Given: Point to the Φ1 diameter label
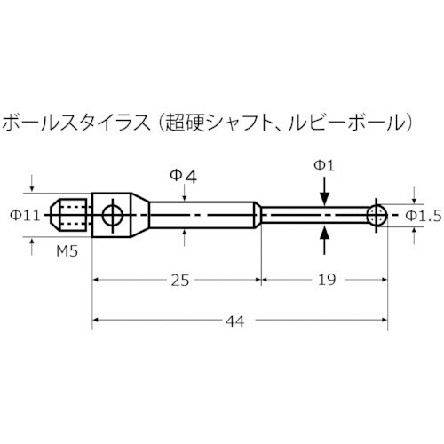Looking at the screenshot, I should coord(325,166).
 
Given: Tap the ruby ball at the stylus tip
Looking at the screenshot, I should coord(377,214).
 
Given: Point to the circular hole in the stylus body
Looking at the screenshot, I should coord(112,214).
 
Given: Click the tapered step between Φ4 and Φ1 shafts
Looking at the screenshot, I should coord(258,214).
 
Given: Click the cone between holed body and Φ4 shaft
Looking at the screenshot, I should coord(140,214).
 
